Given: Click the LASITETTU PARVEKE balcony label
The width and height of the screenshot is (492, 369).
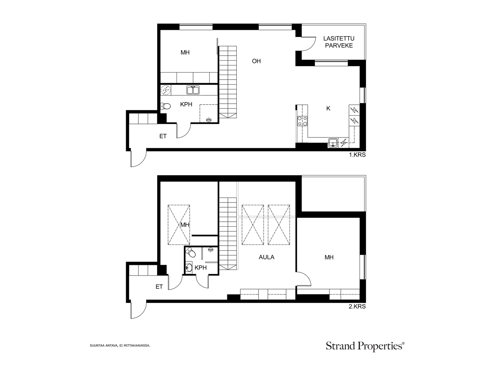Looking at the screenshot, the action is (339, 42).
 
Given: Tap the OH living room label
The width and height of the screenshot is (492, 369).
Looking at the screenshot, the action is (256, 61).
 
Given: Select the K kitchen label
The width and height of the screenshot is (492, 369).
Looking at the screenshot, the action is (328, 109).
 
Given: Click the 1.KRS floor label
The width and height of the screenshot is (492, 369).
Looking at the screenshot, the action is (357, 155).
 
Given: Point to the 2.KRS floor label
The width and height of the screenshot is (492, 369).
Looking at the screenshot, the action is (357, 306).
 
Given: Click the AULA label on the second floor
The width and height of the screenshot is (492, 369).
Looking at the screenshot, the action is (267, 257).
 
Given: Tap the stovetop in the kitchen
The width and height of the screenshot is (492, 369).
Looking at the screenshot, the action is (302, 121).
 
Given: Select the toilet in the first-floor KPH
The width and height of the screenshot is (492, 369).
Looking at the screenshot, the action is (165, 106).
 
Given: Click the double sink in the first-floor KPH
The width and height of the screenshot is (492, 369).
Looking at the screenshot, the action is (193, 90).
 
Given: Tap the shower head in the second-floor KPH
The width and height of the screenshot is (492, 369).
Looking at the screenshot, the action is (210, 250).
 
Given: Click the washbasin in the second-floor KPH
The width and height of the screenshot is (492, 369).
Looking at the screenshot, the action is (189, 268).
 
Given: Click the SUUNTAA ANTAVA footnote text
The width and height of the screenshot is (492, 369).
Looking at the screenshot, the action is (120, 345).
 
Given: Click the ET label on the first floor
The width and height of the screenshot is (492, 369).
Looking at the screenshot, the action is (163, 136).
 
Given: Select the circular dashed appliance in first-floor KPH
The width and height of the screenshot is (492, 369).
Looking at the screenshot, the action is (166, 90).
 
